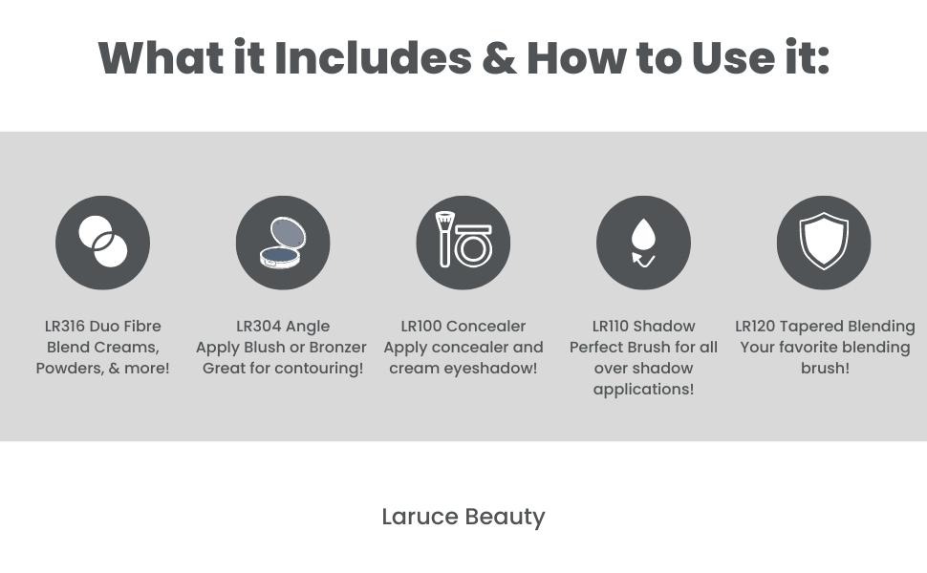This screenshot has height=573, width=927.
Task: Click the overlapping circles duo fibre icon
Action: (x=103, y=243)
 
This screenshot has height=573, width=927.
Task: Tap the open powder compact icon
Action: (x=283, y=243)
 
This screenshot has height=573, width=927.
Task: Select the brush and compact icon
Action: (x=463, y=243)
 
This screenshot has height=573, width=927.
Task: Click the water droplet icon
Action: (x=644, y=243)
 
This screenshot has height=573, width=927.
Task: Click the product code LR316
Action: (x=65, y=326)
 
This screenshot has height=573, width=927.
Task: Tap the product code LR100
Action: (x=421, y=326)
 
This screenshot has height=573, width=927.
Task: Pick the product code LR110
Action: (x=610, y=326)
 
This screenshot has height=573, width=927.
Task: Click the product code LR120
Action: (x=755, y=326)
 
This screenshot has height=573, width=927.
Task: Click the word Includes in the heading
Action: (x=373, y=58)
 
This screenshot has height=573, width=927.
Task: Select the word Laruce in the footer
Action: (x=420, y=517)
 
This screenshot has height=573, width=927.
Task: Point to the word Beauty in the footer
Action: (x=505, y=518)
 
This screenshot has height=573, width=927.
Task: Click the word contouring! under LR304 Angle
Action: (x=318, y=369)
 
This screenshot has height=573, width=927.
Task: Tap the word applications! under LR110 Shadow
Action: (x=643, y=390)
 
